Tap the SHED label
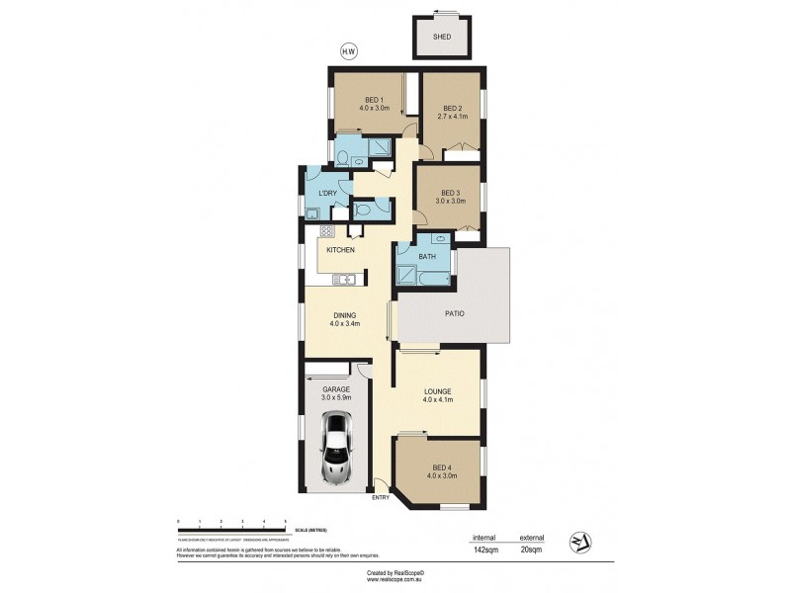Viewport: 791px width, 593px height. pyautogui.click(x=441, y=37)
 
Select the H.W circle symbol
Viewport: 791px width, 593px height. pyautogui.click(x=347, y=52)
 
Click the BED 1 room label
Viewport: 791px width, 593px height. pyautogui.click(x=374, y=99)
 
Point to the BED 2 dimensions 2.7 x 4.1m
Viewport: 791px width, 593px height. pyautogui.click(x=452, y=118)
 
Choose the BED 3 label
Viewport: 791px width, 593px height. pyautogui.click(x=451, y=193)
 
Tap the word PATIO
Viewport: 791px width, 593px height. pyautogui.click(x=455, y=314)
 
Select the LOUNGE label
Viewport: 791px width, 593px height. pyautogui.click(x=437, y=391)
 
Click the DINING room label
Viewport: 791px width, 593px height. pyautogui.click(x=344, y=314)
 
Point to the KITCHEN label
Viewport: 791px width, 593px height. pyautogui.click(x=341, y=250)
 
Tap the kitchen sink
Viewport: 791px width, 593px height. pyautogui.click(x=344, y=280)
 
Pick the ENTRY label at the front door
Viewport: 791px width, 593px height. pyautogui.click(x=382, y=497)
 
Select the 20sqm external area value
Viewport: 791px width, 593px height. pyautogui.click(x=531, y=548)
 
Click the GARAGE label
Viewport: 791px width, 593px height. pyautogui.click(x=336, y=389)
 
